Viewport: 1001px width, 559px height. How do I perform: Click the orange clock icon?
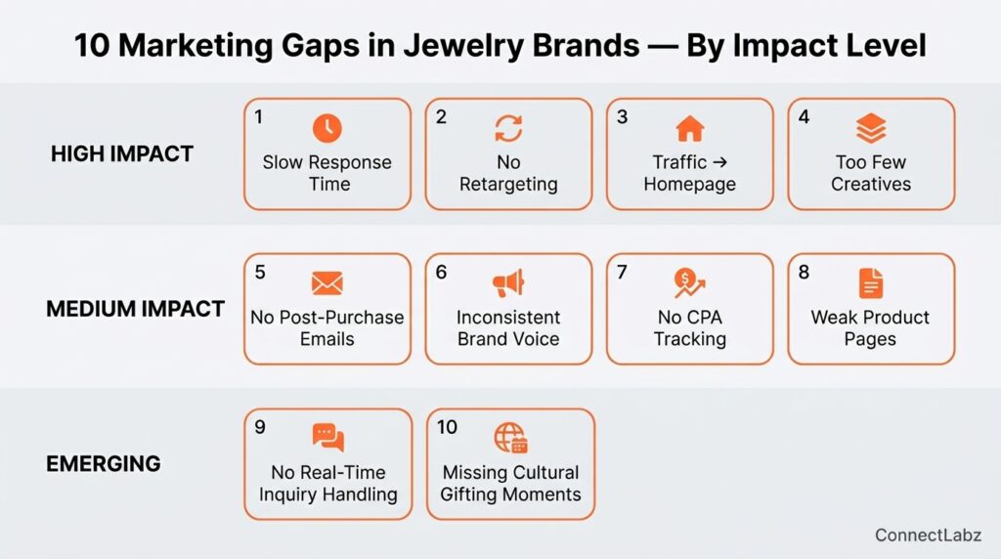tap(326, 128)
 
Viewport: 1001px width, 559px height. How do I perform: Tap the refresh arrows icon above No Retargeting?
tap(508, 128)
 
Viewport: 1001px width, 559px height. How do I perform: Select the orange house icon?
tap(690, 129)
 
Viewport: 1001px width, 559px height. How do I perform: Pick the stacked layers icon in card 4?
tap(871, 128)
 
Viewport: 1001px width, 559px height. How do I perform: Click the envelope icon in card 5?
tap(327, 283)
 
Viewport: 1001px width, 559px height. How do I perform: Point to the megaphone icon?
tap(508, 283)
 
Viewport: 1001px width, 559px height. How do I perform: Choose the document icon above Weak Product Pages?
tap(871, 283)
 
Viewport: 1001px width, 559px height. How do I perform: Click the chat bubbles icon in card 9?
tap(328, 437)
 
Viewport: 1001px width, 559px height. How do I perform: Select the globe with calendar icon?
tap(510, 438)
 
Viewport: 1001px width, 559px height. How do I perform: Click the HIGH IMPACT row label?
tap(122, 153)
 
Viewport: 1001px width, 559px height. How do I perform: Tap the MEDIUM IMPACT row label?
tap(135, 309)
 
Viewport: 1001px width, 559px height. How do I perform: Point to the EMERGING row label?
tap(104, 464)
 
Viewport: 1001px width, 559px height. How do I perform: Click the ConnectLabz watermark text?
tap(928, 535)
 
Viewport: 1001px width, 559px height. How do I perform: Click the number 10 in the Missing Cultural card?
tap(447, 427)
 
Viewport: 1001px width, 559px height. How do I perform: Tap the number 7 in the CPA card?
tap(622, 272)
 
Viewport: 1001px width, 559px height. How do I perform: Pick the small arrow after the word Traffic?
tap(720, 162)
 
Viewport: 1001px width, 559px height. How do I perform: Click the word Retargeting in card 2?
tap(508, 185)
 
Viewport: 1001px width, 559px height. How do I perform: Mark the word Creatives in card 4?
tap(871, 185)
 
